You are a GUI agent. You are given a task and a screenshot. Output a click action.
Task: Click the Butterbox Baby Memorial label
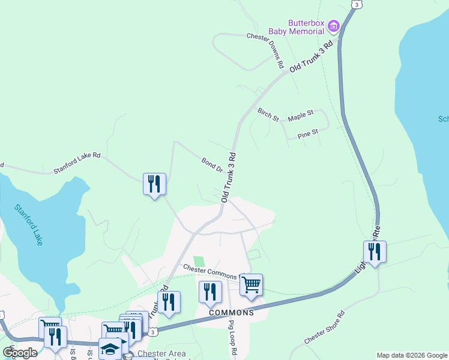tap(306, 27)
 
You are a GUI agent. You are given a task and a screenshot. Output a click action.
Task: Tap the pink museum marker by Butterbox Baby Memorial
tap(334, 26)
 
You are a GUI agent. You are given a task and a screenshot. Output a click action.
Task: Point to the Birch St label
tap(268, 114)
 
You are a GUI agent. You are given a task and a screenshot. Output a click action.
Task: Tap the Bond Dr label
tap(212, 163)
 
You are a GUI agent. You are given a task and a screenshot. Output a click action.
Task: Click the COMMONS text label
tap(231, 313)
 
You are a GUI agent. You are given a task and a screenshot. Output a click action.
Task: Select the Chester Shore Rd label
tap(324, 327)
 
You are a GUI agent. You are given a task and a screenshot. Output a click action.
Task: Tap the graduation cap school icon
tap(110, 349)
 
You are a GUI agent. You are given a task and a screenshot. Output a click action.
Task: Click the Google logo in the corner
tap(20, 353)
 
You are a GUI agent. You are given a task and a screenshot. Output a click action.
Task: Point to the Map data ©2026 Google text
tap(412, 355)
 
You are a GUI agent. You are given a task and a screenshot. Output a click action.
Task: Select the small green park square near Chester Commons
tap(198, 262)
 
